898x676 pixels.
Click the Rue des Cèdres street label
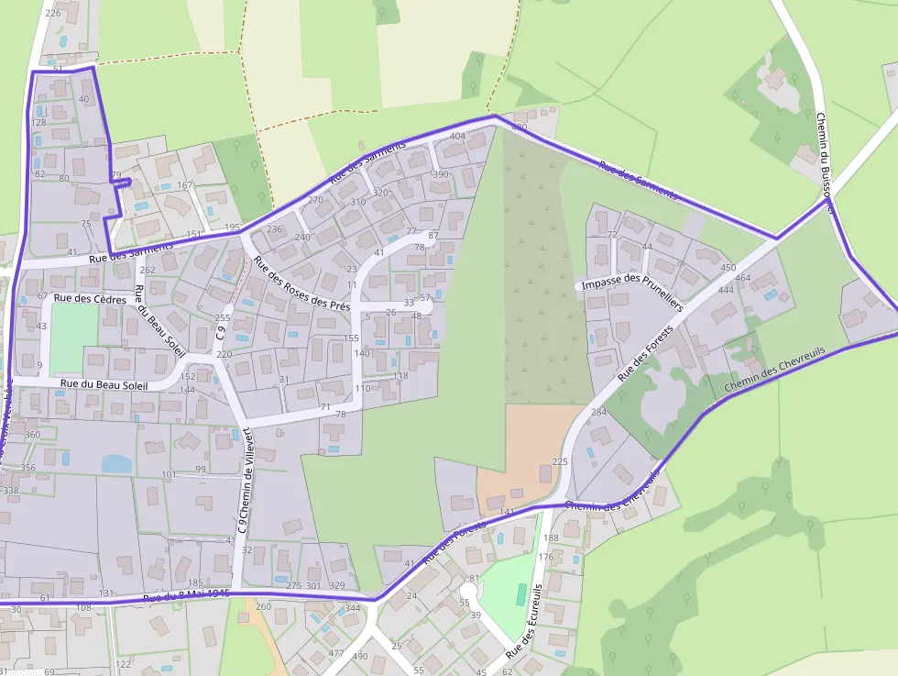(x=89, y=298)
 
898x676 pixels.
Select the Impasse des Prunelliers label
(x=632, y=283)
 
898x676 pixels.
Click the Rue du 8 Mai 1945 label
(x=186, y=597)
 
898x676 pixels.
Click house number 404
(x=458, y=137)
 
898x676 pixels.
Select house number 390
(x=441, y=174)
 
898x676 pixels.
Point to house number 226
(x=52, y=13)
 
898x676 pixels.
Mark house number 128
(x=38, y=122)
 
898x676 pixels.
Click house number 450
(x=728, y=268)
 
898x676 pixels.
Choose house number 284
(x=598, y=413)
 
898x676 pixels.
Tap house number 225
(x=561, y=462)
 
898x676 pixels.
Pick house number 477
(x=335, y=654)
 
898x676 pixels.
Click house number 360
(x=32, y=435)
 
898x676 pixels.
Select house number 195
(x=232, y=227)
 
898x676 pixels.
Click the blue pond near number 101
(x=116, y=464)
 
